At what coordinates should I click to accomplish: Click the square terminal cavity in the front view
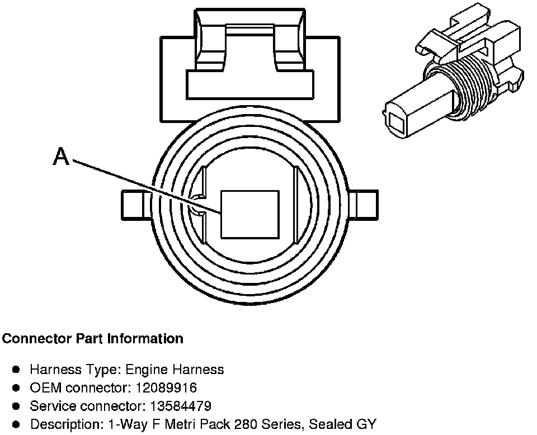pyautogui.click(x=250, y=214)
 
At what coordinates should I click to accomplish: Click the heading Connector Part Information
pyautogui.click(x=93, y=339)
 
